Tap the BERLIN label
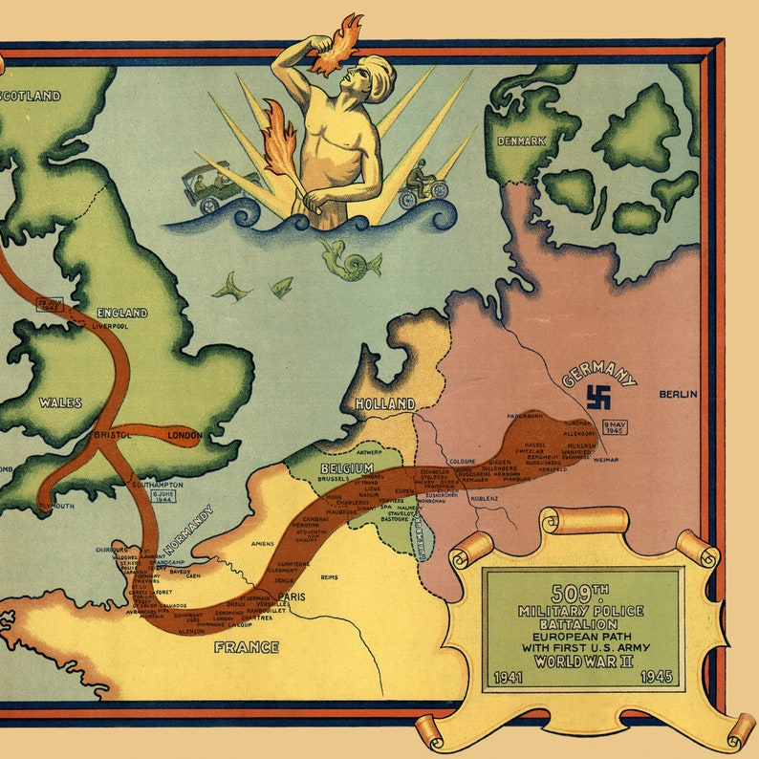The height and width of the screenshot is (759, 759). (678, 394)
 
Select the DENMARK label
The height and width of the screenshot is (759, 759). (521, 141)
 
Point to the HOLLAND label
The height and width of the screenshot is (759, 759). (384, 404)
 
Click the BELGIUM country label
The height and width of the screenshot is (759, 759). (347, 468)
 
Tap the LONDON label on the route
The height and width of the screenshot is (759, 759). (184, 435)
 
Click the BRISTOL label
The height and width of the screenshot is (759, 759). (113, 435)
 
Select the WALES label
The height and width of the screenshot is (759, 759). (59, 402)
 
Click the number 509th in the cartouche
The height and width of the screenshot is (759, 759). (581, 594)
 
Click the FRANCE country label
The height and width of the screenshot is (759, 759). (246, 647)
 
